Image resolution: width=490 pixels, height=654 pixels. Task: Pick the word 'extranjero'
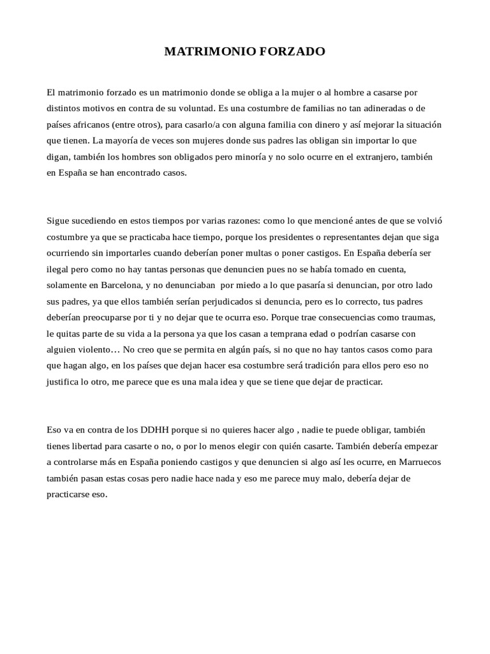click(x=380, y=156)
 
